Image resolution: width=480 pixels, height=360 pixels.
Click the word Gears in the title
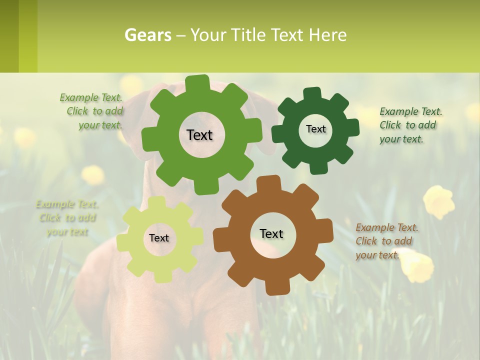pyautogui.click(x=147, y=35)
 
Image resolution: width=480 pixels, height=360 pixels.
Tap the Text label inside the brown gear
pyautogui.click(x=271, y=234)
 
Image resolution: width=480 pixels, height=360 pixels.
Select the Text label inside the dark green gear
pyautogui.click(x=315, y=129)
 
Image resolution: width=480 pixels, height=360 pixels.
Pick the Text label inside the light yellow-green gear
pyautogui.click(x=159, y=238)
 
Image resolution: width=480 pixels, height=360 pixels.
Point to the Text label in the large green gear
pyautogui.click(x=199, y=135)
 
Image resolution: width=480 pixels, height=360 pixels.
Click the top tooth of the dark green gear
pyautogui.click(x=312, y=93)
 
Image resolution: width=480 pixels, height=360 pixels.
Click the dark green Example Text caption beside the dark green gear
pyautogui.click(x=410, y=125)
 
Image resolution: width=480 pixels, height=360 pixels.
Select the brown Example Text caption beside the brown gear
pyautogui.click(x=386, y=241)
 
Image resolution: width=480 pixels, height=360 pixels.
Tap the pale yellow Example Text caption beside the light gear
pyautogui.click(x=67, y=218)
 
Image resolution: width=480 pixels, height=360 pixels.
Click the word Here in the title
pyautogui.click(x=327, y=35)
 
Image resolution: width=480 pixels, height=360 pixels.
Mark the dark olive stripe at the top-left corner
pyautogui.click(x=9, y=36)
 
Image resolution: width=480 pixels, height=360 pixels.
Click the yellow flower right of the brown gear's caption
pyautogui.click(x=439, y=201)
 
